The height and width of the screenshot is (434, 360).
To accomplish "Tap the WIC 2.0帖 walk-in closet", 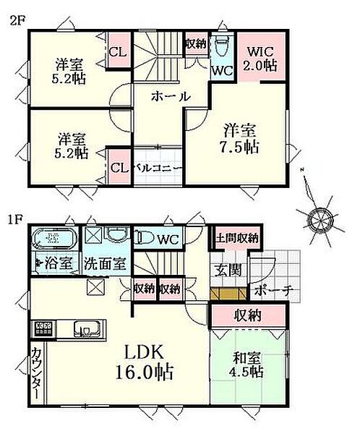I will (259, 58).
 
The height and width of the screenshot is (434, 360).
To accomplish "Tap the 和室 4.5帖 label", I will (247, 365).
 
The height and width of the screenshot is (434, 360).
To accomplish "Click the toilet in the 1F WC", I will (145, 238).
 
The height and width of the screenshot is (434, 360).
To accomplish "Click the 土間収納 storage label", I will (236, 238).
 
